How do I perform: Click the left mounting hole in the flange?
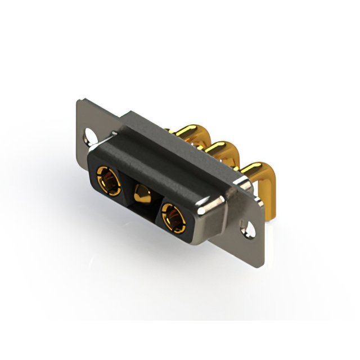click(x=90, y=135)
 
